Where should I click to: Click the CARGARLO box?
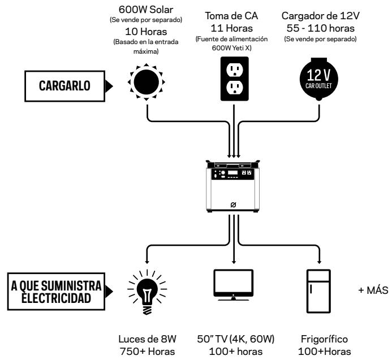point(64,86)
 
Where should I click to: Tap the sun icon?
point(147,82)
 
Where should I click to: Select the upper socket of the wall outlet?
point(235,70)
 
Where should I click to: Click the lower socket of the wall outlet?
point(235,88)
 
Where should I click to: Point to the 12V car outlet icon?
point(319,79)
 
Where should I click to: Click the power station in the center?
point(232,186)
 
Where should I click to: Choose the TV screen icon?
point(234,285)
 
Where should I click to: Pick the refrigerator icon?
point(319,291)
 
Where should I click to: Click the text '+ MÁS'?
point(373,290)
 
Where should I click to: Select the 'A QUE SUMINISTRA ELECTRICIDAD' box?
point(56,292)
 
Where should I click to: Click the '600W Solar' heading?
point(146,10)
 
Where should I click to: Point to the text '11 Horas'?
point(232,28)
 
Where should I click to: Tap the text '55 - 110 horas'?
point(321,28)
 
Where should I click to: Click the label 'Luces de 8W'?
point(147,339)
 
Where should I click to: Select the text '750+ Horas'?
point(147,352)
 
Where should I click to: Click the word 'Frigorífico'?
point(324,339)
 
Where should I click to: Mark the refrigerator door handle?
point(311,289)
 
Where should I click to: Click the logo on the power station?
point(233,205)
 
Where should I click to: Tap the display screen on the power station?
point(232,172)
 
